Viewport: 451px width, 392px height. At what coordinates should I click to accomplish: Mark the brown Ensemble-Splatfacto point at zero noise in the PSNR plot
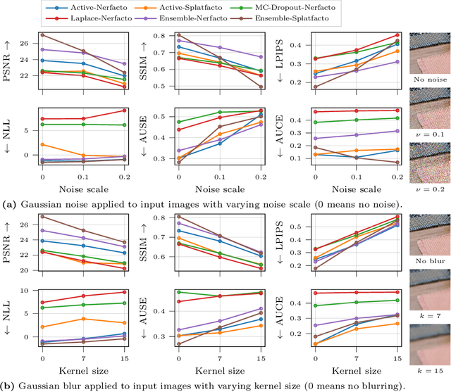tap(43, 34)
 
